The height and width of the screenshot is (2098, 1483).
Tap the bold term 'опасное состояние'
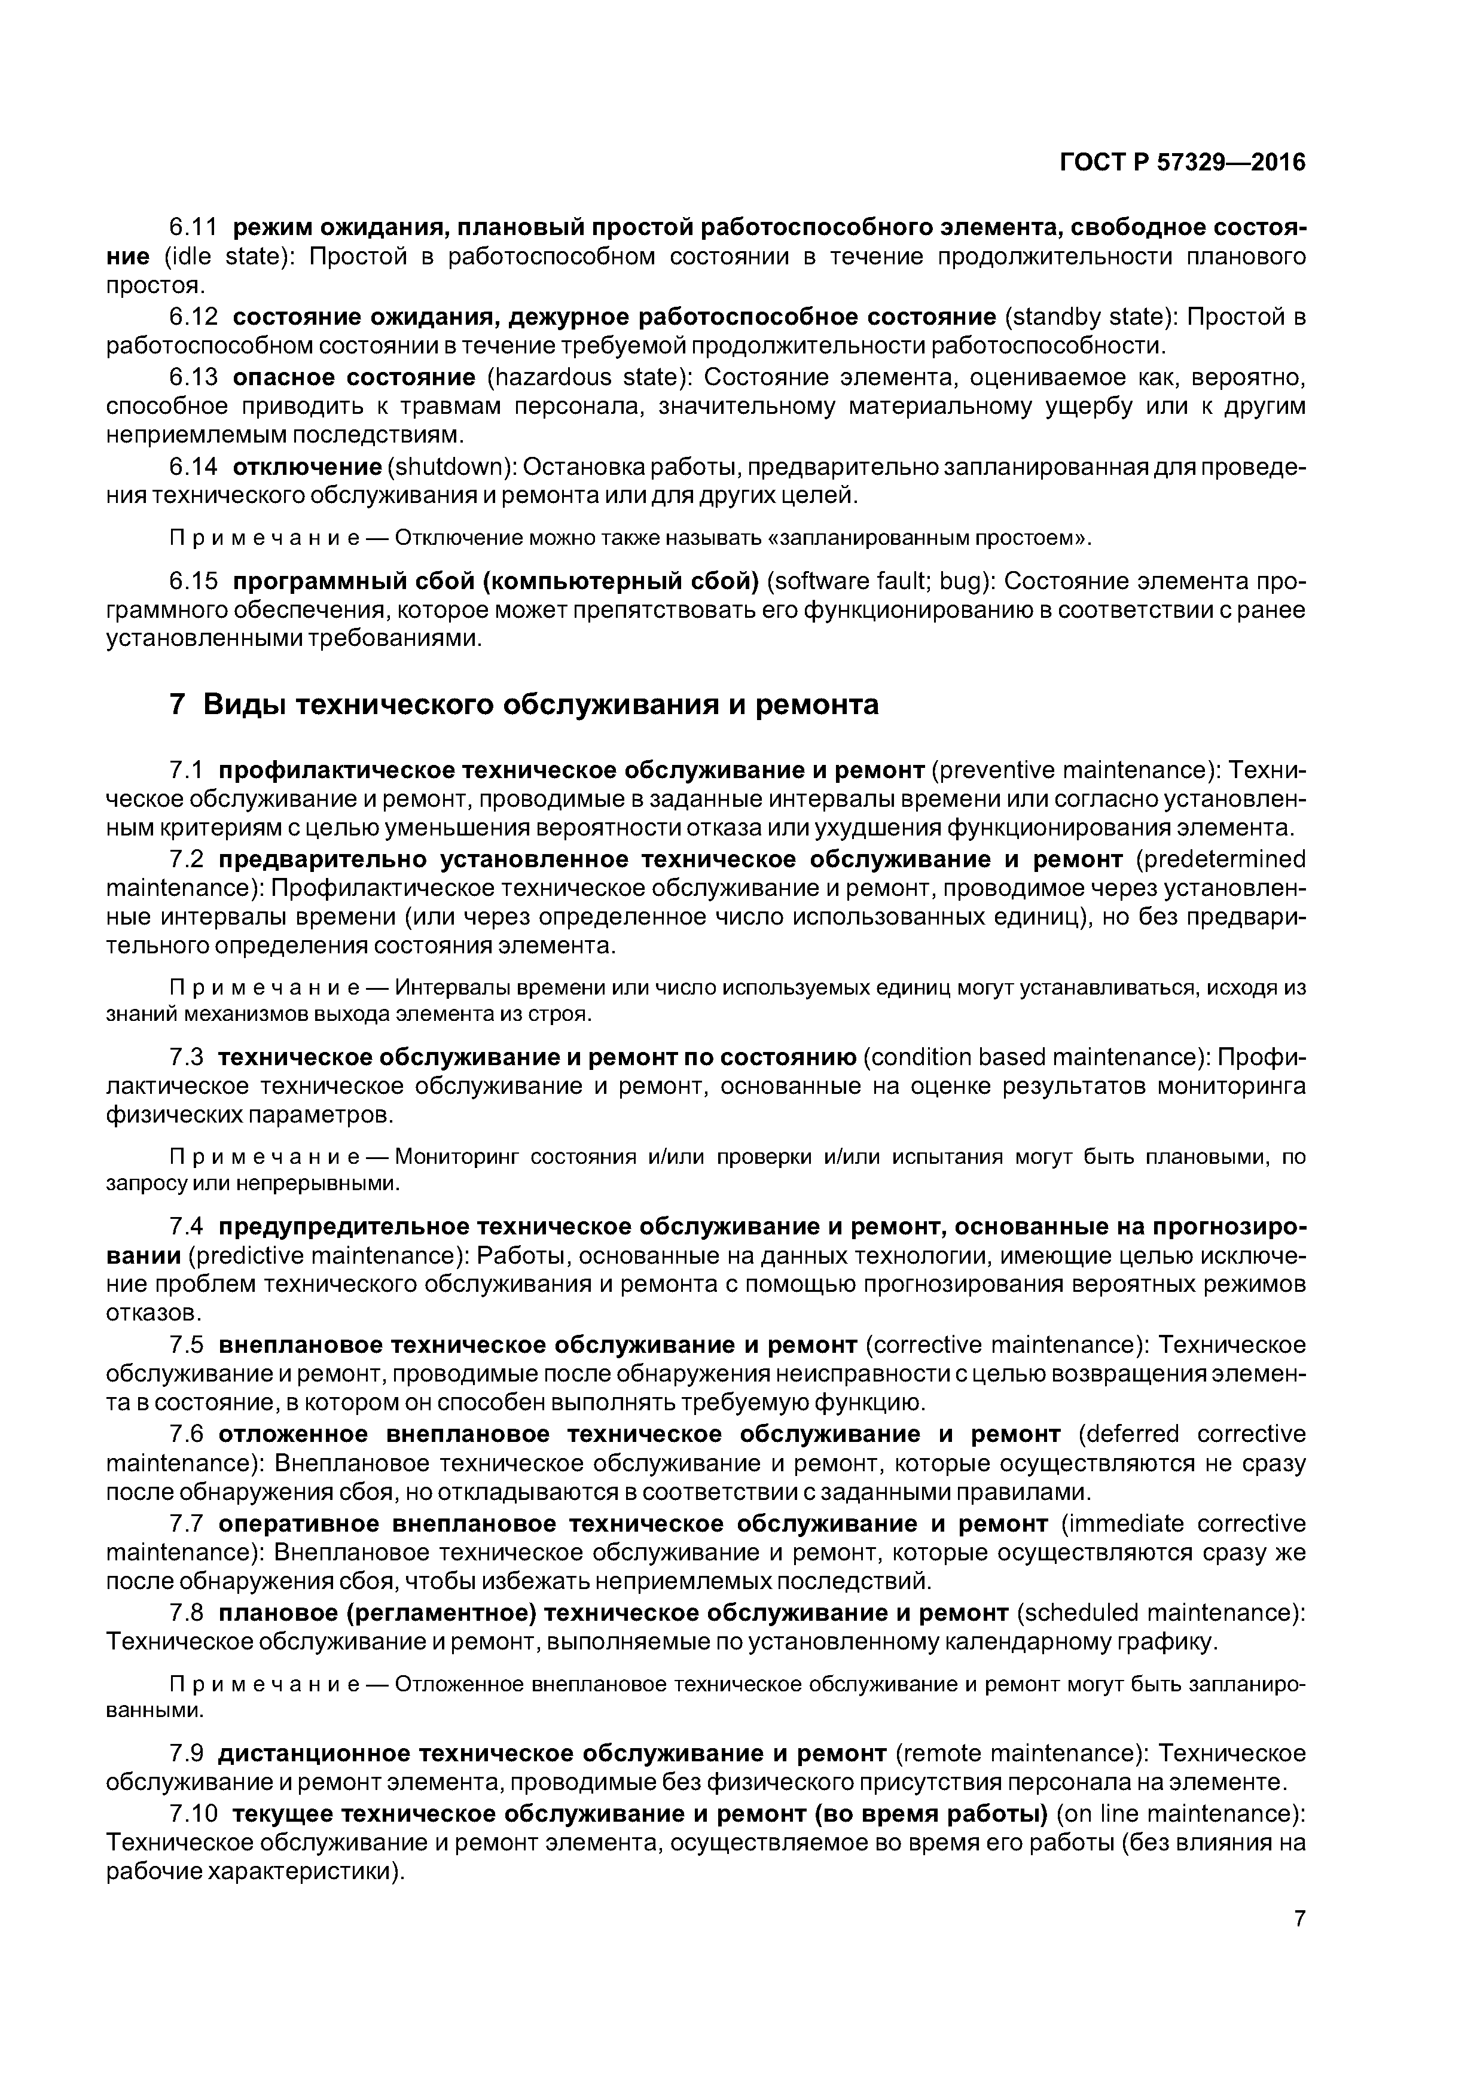point(353,377)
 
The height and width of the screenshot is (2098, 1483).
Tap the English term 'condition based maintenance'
point(1033,1057)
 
